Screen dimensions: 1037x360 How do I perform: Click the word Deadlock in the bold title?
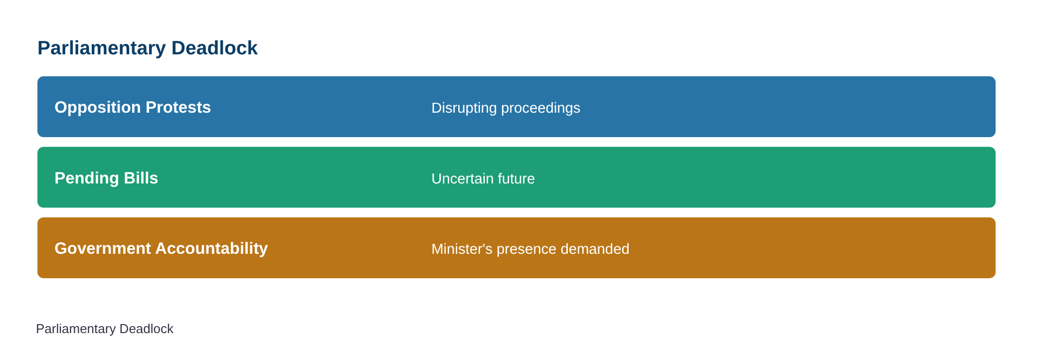click(214, 48)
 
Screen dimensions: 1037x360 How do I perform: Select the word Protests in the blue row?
click(178, 107)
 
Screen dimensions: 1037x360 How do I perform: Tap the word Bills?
click(141, 178)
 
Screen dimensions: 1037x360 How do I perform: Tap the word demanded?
click(595, 249)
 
